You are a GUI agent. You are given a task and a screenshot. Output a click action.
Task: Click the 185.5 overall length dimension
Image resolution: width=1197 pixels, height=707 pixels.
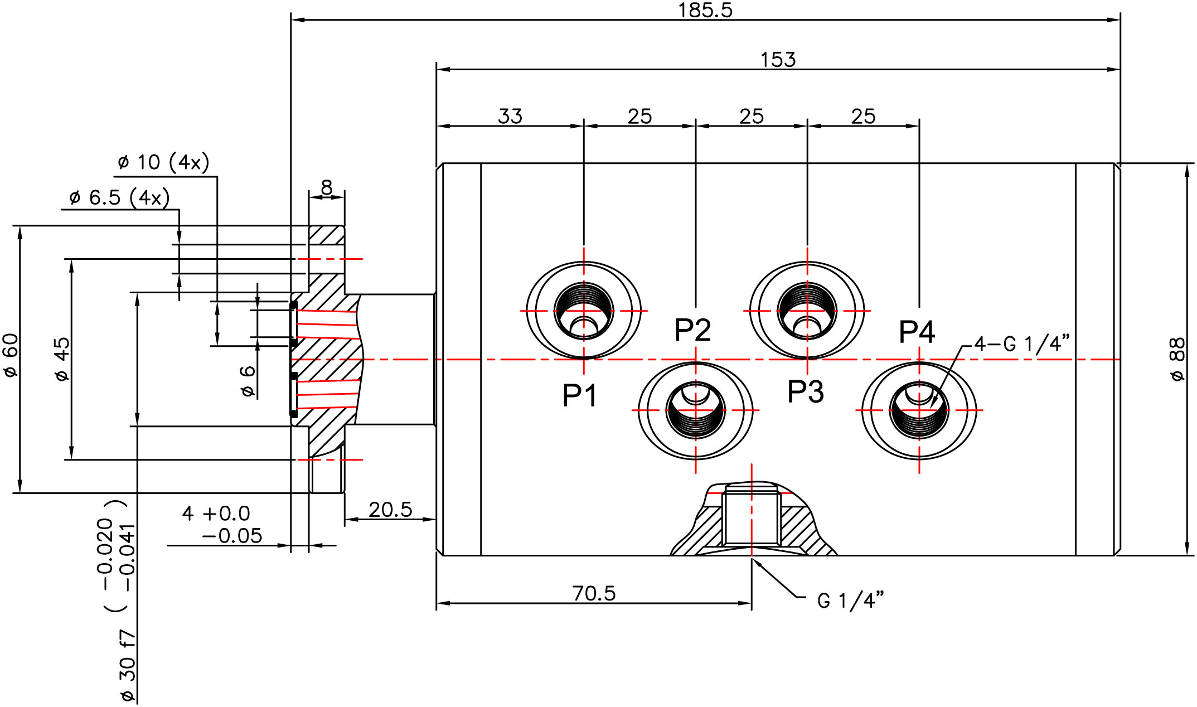tap(705, 10)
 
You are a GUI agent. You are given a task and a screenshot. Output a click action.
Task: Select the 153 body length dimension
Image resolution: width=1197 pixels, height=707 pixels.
tap(778, 60)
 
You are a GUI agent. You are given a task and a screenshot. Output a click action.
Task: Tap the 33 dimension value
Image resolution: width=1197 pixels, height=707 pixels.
tap(510, 117)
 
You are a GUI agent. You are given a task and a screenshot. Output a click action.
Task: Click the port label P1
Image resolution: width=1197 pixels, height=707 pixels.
tap(580, 396)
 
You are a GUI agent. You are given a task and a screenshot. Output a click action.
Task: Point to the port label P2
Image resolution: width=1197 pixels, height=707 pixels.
tap(692, 330)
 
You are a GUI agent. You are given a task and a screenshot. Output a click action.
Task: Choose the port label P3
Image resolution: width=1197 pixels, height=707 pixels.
tap(806, 391)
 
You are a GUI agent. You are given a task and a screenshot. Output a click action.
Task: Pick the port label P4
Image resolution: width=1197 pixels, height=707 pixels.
tap(917, 332)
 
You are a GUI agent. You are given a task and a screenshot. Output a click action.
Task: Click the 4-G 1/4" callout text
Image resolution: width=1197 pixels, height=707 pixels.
tap(1022, 344)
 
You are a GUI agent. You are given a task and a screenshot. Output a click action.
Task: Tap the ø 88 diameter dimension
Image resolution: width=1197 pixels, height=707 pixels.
tap(1177, 359)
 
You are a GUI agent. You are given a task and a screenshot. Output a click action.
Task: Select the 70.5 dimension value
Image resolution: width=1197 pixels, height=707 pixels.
tap(594, 593)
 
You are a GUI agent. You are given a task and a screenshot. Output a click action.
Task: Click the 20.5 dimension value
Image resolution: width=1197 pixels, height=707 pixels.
tap(390, 510)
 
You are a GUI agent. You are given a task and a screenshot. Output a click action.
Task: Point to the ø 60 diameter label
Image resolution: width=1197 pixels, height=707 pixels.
tap(11, 355)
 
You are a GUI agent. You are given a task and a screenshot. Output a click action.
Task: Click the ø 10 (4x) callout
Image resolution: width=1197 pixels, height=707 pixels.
tap(163, 162)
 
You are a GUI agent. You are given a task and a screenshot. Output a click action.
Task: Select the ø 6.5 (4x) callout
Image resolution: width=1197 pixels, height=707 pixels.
tap(119, 197)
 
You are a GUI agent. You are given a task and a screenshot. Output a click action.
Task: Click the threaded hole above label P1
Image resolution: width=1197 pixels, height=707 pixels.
tap(584, 311)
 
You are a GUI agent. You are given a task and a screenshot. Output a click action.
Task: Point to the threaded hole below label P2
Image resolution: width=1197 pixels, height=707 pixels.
tap(695, 410)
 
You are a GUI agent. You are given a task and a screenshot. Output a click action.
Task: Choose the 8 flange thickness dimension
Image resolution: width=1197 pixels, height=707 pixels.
tap(327, 187)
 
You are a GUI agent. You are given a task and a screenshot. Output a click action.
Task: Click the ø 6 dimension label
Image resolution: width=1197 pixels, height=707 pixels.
tap(247, 381)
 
